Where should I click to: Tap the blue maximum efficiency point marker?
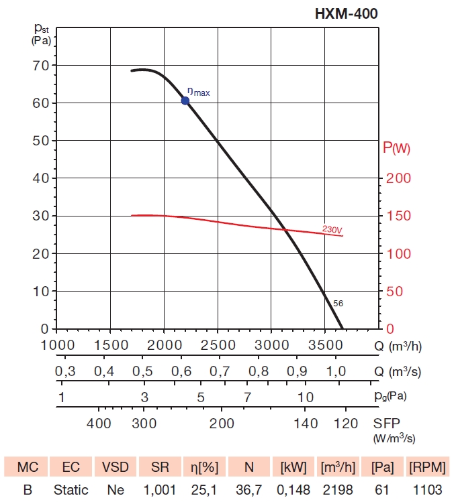[x=185, y=101]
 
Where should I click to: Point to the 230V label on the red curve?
[x=332, y=229]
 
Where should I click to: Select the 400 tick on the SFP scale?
[x=99, y=423]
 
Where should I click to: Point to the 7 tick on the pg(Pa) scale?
[x=247, y=396]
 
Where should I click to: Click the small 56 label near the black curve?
[x=338, y=304]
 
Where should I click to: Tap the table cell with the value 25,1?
[x=203, y=490]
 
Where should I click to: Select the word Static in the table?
[x=71, y=490]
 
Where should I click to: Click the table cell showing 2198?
[x=336, y=490]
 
